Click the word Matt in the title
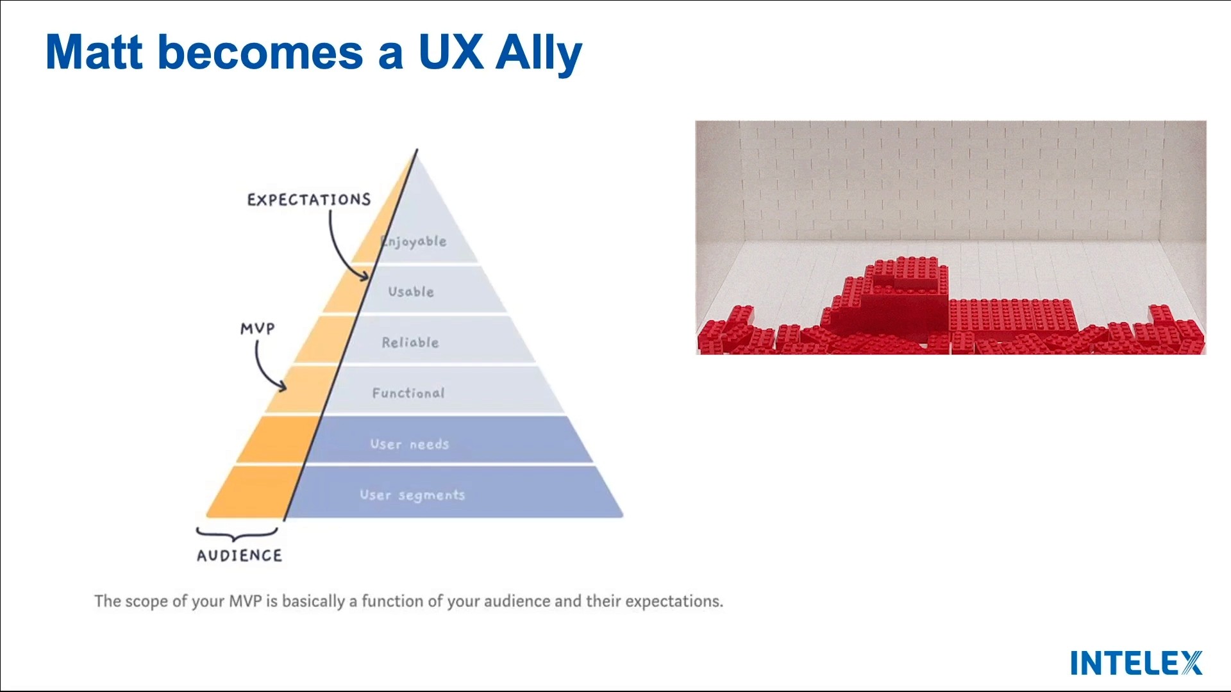[x=94, y=52]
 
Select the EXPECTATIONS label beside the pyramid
[x=309, y=200]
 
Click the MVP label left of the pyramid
[x=258, y=329]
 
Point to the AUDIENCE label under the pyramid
[x=239, y=556]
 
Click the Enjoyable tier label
[x=414, y=242]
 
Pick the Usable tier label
[x=411, y=292]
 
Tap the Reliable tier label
[x=410, y=343]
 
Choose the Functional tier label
[x=408, y=393]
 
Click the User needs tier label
[x=410, y=444]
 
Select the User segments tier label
[x=412, y=495]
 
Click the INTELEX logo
[x=1137, y=663]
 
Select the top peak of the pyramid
[x=417, y=152]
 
